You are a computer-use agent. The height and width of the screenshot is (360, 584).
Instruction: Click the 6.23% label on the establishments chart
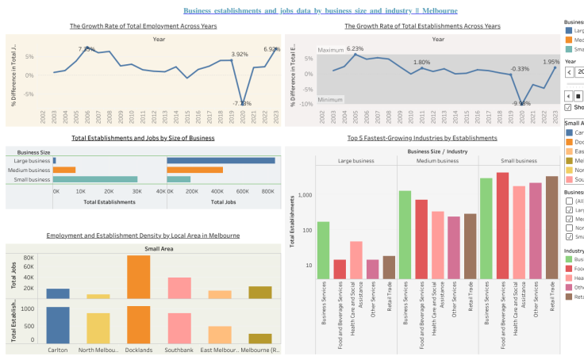[355, 49]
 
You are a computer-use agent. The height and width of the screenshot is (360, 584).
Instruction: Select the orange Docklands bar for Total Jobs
[138, 277]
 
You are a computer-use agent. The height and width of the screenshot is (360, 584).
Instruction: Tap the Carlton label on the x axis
[58, 350]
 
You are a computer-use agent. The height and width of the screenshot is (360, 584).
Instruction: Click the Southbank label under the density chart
[179, 350]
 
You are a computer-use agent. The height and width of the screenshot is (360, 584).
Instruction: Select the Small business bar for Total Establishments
[95, 179]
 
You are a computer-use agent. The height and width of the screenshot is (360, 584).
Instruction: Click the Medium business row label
[29, 170]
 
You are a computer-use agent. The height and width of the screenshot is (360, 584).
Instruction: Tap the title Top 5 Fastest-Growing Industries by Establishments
[422, 138]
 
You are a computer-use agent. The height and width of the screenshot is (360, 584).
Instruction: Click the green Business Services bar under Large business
[323, 251]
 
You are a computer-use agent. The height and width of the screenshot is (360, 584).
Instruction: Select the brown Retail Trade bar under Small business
[552, 228]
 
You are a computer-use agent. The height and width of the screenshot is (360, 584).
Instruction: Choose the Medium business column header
[436, 161]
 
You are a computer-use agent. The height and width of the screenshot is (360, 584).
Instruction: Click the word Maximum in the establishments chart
[331, 50]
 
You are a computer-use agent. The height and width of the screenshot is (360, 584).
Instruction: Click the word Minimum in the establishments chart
[330, 100]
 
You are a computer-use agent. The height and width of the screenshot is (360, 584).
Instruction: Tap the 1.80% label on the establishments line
[421, 63]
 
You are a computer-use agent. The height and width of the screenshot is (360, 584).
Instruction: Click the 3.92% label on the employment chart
[240, 55]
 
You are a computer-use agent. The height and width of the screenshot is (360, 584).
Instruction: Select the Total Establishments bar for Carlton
[58, 324]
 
